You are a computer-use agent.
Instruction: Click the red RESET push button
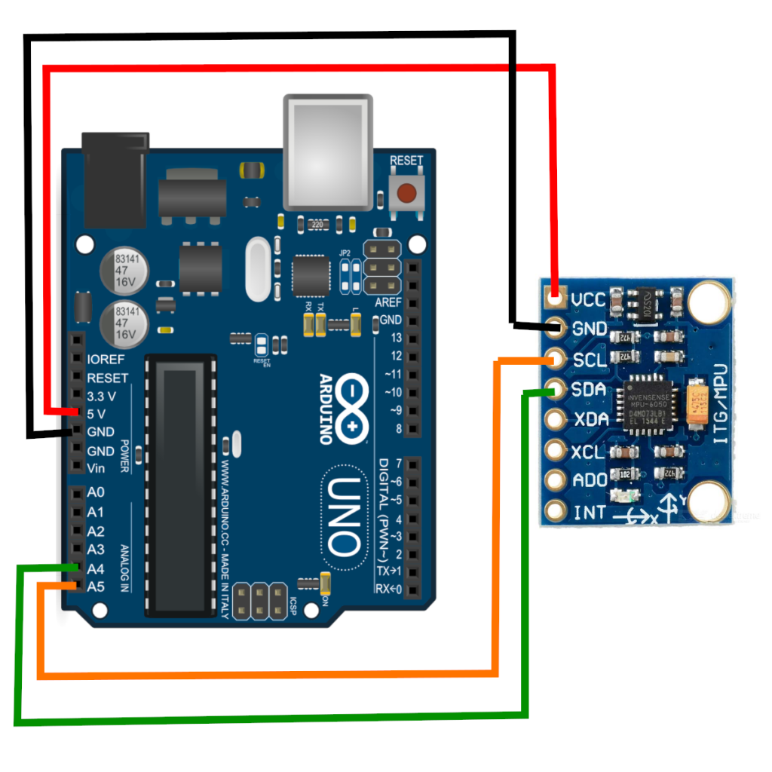[x=406, y=193]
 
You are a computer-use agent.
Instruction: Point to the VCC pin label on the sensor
[x=588, y=300]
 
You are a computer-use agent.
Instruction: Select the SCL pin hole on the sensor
[x=556, y=358]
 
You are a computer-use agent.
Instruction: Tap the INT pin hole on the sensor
[x=556, y=512]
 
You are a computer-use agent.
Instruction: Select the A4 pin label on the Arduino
[x=96, y=568]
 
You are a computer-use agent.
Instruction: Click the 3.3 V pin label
[x=102, y=396]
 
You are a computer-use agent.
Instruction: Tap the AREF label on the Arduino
[x=389, y=302]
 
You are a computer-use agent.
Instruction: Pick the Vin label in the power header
[x=97, y=468]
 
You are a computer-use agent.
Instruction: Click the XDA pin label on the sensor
[x=590, y=420]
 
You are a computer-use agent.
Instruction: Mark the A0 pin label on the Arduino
[x=96, y=492]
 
